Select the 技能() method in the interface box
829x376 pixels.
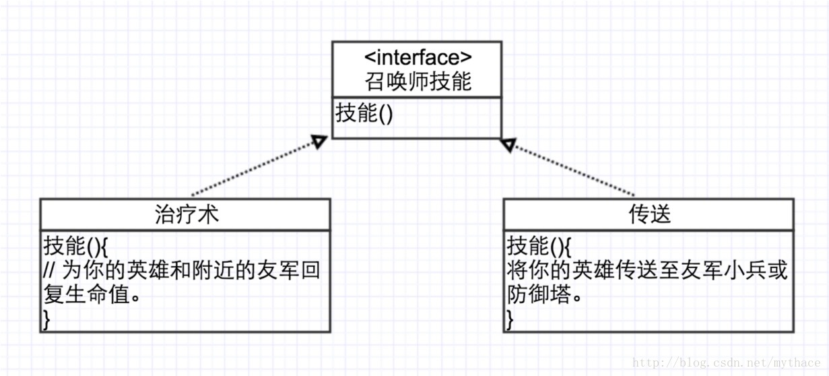364,113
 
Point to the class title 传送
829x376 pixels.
648,214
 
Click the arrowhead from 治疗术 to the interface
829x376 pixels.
319,141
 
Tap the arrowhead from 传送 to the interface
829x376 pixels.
508,144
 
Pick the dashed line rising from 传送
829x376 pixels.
572,169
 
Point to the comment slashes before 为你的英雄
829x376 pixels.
49,270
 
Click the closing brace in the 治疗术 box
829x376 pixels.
46,319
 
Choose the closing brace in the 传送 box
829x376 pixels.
510,319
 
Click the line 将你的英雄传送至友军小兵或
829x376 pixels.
646,270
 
